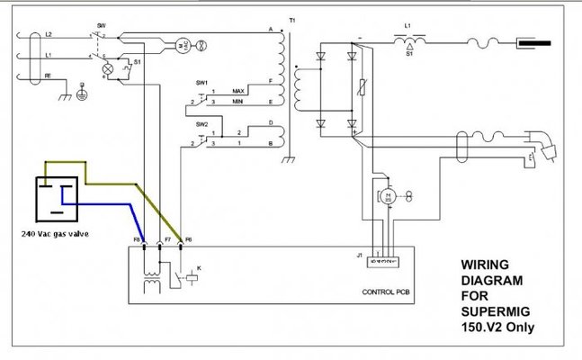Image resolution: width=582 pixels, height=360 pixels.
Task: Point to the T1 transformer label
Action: [291, 20]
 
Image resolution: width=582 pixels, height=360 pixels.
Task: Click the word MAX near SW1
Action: [238, 92]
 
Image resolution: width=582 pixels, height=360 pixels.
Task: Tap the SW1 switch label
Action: [201, 83]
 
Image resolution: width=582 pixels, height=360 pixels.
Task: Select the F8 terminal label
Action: [139, 240]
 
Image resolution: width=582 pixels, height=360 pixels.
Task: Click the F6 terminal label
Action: [186, 240]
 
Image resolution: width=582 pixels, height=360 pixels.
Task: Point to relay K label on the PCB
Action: [200, 268]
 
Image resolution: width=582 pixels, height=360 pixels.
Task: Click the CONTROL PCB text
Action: [387, 293]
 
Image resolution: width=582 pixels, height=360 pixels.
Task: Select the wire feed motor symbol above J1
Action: [388, 195]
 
